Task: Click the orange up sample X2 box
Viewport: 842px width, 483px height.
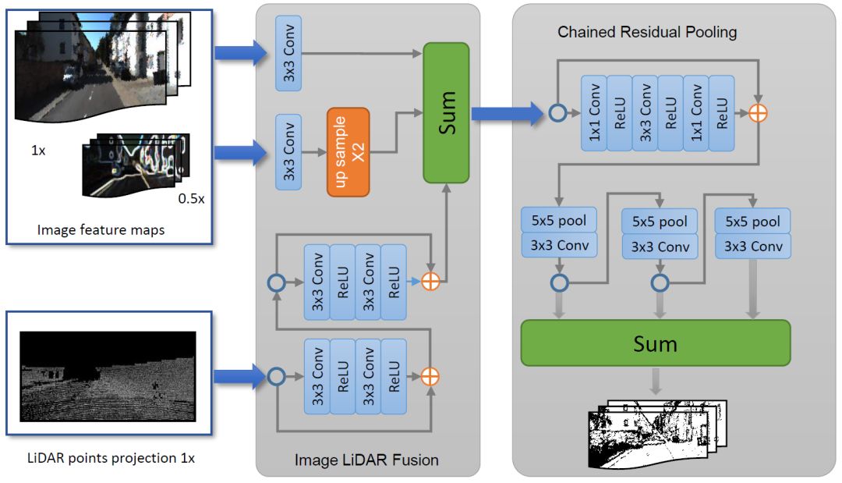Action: click(348, 152)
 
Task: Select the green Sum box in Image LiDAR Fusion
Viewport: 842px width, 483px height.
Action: click(446, 113)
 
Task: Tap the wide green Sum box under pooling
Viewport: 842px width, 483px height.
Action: click(655, 343)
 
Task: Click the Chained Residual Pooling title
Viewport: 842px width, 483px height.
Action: click(647, 33)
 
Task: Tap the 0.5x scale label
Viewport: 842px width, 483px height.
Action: click(191, 198)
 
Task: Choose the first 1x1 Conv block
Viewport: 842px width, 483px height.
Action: click(594, 113)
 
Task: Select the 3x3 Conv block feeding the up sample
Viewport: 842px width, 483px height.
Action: click(288, 152)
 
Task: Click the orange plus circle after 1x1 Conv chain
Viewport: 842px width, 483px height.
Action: click(758, 113)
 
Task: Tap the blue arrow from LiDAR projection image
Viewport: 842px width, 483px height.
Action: click(239, 377)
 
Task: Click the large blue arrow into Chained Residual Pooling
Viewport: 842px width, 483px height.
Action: click(507, 113)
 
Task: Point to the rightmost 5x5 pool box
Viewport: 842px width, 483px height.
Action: click(752, 221)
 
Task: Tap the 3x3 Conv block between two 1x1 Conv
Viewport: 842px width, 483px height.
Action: click(645, 113)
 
